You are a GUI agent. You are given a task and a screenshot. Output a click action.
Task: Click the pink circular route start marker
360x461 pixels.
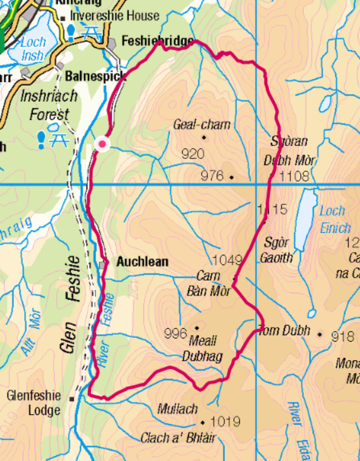pos(102,145)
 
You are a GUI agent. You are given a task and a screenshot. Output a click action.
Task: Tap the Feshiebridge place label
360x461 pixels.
pos(157,41)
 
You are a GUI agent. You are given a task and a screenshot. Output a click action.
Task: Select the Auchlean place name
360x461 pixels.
pos(142,262)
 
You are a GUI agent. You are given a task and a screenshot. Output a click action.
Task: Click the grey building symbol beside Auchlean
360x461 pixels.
pos(102,265)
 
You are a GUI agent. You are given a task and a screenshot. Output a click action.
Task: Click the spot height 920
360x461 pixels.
pos(193,154)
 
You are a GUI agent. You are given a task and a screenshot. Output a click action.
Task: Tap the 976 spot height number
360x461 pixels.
pos(212,176)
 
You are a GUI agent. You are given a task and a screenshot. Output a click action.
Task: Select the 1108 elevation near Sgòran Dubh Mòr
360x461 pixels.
pos(293,176)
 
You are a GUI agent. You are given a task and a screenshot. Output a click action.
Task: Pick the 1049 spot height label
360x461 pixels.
pos(227,260)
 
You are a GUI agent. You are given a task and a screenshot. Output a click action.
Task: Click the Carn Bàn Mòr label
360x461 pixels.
pos(209,284)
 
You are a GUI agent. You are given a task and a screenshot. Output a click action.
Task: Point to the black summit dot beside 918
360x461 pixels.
pos(320,334)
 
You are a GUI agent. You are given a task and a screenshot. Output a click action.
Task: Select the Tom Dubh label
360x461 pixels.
pos(284,331)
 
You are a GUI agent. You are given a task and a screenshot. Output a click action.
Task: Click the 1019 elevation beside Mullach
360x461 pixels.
pos(225,422)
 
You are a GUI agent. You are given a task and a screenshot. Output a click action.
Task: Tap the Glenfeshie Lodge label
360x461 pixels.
pos(33,403)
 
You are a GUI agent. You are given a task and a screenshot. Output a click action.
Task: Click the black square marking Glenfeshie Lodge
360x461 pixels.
pos(71,399)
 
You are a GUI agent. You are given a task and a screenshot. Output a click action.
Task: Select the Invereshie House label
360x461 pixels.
pos(114,16)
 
